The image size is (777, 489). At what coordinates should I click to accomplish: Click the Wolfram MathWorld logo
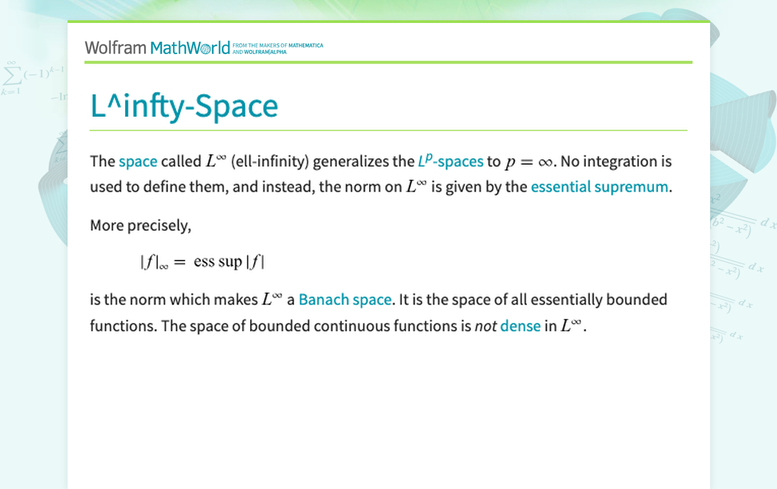click(157, 48)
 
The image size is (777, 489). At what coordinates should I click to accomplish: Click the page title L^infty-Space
click(184, 106)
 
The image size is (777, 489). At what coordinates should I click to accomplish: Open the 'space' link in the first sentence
click(138, 161)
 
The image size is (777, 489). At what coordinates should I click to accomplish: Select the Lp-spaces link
click(451, 161)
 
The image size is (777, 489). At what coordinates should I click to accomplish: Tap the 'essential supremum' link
click(599, 187)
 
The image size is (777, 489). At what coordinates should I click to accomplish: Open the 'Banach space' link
click(345, 300)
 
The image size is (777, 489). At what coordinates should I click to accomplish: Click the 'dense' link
click(520, 326)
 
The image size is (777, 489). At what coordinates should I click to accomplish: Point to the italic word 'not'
click(486, 326)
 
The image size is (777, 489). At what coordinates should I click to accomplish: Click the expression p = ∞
click(528, 162)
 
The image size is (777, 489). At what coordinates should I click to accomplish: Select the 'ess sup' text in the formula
click(218, 261)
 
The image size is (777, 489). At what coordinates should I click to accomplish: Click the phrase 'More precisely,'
click(141, 226)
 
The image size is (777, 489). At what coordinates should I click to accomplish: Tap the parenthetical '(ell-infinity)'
click(270, 161)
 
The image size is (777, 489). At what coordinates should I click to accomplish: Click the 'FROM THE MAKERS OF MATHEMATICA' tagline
click(278, 45)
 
